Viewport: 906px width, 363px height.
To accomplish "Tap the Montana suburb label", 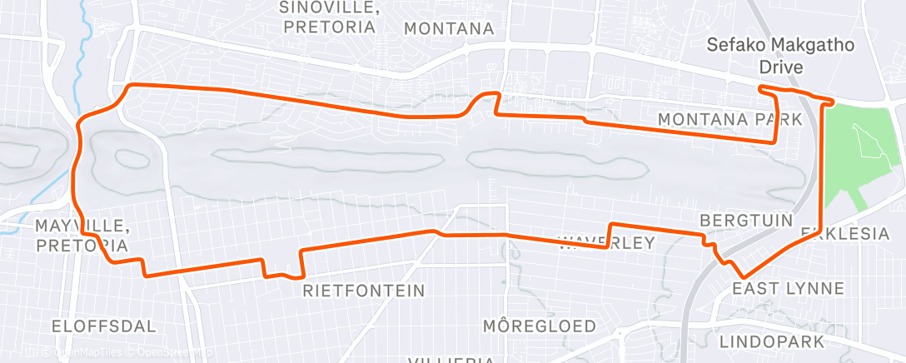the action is [449, 28].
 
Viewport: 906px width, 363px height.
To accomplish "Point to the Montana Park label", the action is [729, 119].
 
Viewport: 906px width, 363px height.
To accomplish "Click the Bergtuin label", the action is [736, 221].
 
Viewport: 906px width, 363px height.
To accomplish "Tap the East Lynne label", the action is [788, 288].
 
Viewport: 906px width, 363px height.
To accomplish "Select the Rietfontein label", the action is [364, 291].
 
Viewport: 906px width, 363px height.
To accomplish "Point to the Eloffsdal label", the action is [103, 326].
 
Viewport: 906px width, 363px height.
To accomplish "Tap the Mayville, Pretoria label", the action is [82, 236].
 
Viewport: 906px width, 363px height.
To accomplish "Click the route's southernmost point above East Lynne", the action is [743, 276].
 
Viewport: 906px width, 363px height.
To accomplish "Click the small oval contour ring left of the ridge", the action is [127, 157].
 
